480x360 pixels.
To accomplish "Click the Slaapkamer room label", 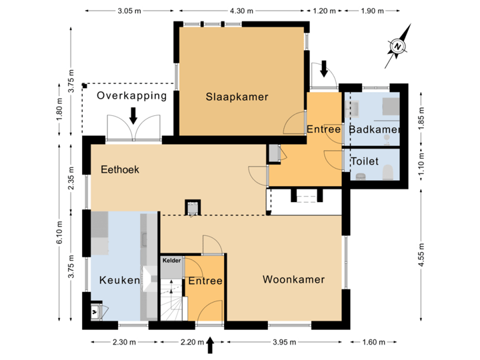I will pyautogui.click(x=237, y=97).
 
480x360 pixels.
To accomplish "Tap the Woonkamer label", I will pyautogui.click(x=293, y=279).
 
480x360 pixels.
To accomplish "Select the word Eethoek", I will pyautogui.click(x=120, y=169).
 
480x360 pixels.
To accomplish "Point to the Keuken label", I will pyautogui.click(x=119, y=280).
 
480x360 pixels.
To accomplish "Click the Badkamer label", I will pyautogui.click(x=375, y=129).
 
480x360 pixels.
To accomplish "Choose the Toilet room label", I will pyautogui.click(x=365, y=161).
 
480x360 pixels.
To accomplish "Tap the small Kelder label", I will pyautogui.click(x=171, y=261).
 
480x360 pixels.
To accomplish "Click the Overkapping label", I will pyautogui.click(x=131, y=95).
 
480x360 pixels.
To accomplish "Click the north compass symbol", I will pyautogui.click(x=397, y=46).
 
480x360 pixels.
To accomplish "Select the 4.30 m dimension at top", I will pyautogui.click(x=241, y=11).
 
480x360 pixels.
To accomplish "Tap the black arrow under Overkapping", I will pyautogui.click(x=133, y=116).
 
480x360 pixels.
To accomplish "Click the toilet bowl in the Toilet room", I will pyautogui.click(x=361, y=176).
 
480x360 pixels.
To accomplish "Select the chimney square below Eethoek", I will pyautogui.click(x=192, y=207).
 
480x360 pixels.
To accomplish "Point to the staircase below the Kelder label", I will pyautogui.click(x=172, y=300).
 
